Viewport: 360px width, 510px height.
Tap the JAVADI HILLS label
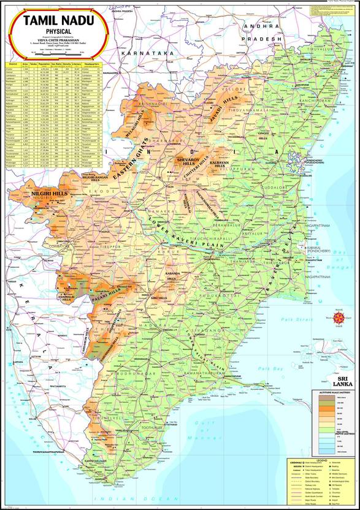point(218,110)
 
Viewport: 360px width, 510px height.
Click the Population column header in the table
point(44,63)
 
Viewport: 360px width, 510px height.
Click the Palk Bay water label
point(266,368)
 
